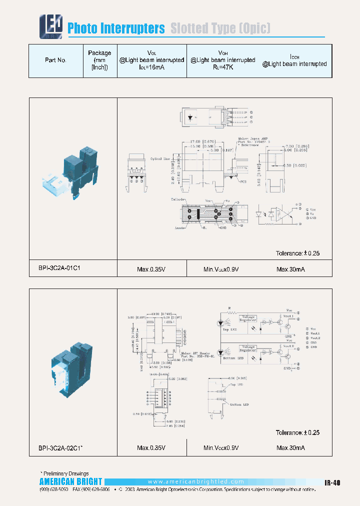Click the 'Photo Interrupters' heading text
tap(116, 28)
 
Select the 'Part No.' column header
tap(55, 60)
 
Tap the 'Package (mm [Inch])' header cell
tap(99, 60)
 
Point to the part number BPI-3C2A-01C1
tap(59, 268)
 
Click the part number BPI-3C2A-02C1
tap(60, 447)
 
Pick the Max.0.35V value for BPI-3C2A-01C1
tap(151, 269)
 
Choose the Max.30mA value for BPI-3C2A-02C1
tap(290, 447)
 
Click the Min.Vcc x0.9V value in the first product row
tap(221, 269)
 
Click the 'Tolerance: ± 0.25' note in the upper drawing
tap(297, 253)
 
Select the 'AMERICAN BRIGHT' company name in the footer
tap(70, 482)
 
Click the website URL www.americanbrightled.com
tap(196, 481)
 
